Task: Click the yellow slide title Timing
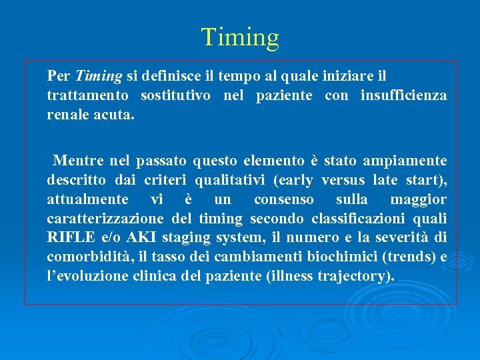pyautogui.click(x=240, y=37)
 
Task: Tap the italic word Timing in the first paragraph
pyautogui.click(x=99, y=77)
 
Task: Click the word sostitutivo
pyautogui.click(x=175, y=95)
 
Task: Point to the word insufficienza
pyautogui.click(x=403, y=95)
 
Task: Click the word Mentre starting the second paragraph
pyautogui.click(x=77, y=161)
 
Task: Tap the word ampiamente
pyautogui.click(x=405, y=161)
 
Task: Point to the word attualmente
pyautogui.click(x=87, y=199)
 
